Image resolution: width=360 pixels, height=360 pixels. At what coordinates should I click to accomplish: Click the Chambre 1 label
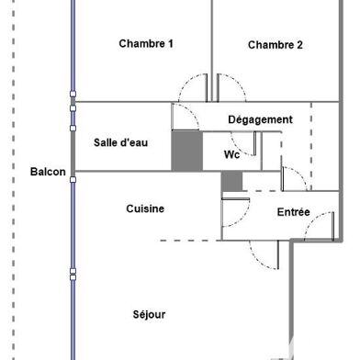pyautogui.click(x=146, y=43)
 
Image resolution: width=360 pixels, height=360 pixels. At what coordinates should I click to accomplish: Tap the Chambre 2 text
pyautogui.click(x=276, y=45)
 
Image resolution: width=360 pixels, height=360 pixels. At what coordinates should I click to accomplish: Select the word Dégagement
pyautogui.click(x=260, y=119)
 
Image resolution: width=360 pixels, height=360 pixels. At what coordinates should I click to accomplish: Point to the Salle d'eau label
pyautogui.click(x=120, y=142)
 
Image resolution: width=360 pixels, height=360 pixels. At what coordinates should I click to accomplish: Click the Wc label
pyautogui.click(x=231, y=154)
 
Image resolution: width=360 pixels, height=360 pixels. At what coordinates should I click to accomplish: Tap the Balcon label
pyautogui.click(x=47, y=172)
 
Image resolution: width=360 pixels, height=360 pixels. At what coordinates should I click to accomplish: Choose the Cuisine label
pyautogui.click(x=145, y=208)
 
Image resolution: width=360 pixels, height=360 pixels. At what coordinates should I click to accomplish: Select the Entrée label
pyautogui.click(x=293, y=213)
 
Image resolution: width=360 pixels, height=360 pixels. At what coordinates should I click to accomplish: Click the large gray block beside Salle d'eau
pyautogui.click(x=186, y=151)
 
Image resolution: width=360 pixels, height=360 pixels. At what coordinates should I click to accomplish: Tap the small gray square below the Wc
pyautogui.click(x=231, y=182)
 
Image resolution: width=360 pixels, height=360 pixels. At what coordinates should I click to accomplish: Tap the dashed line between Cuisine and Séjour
pyautogui.click(x=188, y=241)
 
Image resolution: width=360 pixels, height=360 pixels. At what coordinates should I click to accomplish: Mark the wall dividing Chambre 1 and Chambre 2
pyautogui.click(x=212, y=37)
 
